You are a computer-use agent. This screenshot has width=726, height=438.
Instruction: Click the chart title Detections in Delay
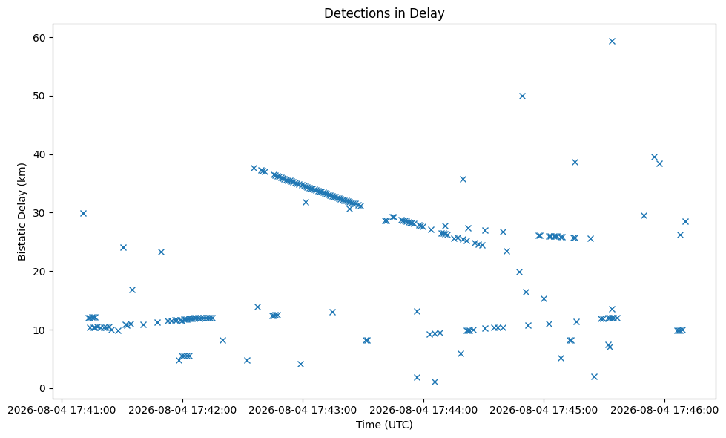(384, 13)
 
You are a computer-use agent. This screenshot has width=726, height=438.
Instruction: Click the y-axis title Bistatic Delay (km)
(22, 212)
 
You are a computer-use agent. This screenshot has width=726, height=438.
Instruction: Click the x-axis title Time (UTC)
(384, 424)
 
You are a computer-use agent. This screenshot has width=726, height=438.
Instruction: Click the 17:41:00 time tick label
(62, 411)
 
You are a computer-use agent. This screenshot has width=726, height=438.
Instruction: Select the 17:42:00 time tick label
(182, 411)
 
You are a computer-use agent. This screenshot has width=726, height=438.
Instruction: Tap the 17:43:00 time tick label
(303, 411)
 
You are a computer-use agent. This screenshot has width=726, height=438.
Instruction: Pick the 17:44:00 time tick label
(423, 411)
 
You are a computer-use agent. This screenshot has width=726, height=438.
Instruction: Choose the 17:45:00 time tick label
(544, 411)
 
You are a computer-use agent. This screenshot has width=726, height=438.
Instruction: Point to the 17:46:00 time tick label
(664, 411)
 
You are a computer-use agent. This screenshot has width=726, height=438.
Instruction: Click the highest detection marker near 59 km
(612, 42)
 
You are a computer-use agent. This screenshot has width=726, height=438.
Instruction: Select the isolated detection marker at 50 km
(522, 96)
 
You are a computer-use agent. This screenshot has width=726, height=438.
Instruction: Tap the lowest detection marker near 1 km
(435, 382)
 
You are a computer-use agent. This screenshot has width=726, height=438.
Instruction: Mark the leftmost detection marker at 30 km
(83, 213)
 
